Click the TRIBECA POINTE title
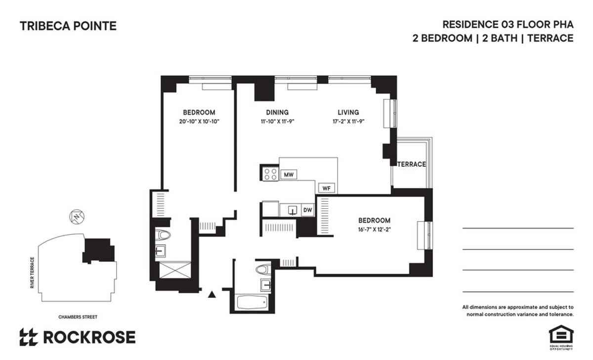point(68,26)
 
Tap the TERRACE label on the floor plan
point(412,164)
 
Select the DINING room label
point(277,112)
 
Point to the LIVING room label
point(348,112)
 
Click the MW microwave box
point(288,175)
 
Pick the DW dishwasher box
point(307,210)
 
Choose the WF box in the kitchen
point(326,188)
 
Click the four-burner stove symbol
point(270,174)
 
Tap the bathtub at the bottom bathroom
point(252,302)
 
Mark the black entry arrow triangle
point(212,295)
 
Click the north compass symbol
point(76,217)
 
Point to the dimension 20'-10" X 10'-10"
point(199,122)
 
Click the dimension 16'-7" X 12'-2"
point(374,229)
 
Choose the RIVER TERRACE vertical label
point(33,273)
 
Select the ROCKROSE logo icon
point(29,337)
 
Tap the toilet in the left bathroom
point(163,234)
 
